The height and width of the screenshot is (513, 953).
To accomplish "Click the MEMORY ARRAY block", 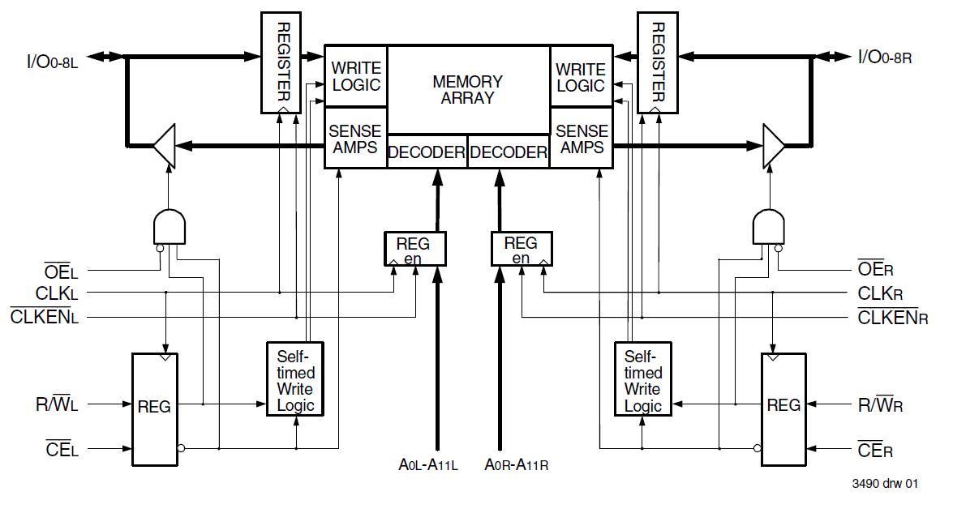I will point(468,89).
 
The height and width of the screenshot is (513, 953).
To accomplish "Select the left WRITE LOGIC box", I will point(356,76).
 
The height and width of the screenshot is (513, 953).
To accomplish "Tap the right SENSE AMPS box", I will point(582,139).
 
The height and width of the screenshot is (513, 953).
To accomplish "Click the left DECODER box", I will point(427,152).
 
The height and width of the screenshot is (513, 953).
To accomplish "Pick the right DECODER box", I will point(509,152).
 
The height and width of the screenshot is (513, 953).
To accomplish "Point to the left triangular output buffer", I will point(165,146).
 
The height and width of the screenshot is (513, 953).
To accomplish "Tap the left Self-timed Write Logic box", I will point(295,378).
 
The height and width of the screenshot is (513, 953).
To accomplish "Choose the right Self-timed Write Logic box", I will point(643,378).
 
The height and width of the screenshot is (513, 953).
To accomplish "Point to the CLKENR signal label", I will point(893,317).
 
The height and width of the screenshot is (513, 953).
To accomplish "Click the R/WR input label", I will point(880,404).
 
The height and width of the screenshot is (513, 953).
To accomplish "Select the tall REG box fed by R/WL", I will point(154,408).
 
